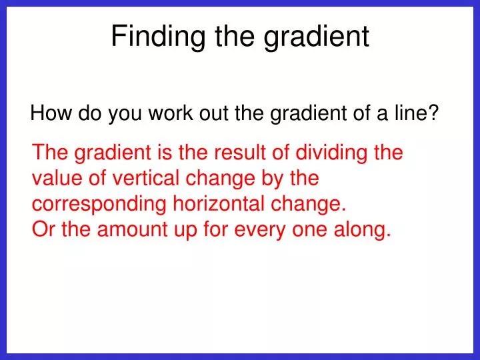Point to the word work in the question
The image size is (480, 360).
click(169, 114)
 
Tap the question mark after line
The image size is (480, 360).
click(433, 114)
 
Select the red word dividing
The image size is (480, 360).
click(329, 153)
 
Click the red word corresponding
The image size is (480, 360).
click(99, 204)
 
